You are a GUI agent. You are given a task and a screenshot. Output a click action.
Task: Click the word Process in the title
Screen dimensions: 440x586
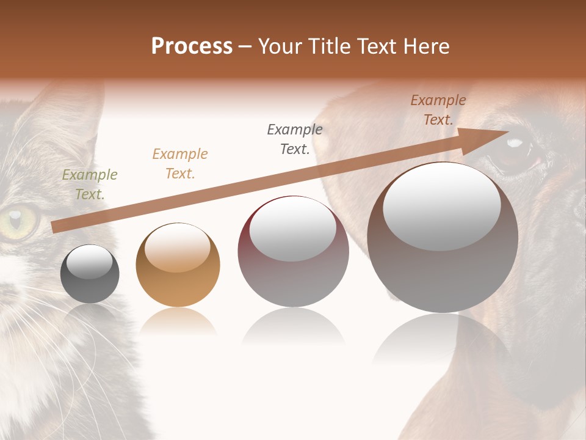point(192,46)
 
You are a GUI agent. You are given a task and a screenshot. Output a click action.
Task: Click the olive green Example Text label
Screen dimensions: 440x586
point(90,185)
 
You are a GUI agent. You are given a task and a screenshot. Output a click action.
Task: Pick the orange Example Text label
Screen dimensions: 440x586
point(180,164)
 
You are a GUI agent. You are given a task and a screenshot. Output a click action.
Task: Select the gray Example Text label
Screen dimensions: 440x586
point(295,139)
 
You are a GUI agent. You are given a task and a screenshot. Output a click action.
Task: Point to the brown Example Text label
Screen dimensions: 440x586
point(438,110)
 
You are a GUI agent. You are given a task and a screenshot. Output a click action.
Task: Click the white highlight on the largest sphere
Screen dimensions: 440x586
point(441,205)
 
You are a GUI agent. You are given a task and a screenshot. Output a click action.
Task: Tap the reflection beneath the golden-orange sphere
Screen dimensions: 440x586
point(178,321)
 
